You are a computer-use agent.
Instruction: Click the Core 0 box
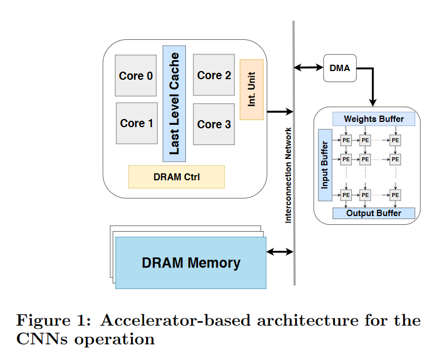pos(136,76)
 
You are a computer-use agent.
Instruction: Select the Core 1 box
pos(136,123)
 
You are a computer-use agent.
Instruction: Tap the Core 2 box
pos(214,75)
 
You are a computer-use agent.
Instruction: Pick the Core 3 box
pos(214,124)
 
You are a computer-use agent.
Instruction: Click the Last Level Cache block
pos(174,104)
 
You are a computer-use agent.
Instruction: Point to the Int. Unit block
pos(252,90)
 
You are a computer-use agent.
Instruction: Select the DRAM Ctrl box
pos(176,177)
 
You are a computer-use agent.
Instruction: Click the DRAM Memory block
pos(191,263)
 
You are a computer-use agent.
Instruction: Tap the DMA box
pos(340,68)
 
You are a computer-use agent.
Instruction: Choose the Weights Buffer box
pos(374,119)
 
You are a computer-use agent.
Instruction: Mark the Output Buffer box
pos(374,213)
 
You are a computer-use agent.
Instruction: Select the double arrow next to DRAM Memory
pos(280,252)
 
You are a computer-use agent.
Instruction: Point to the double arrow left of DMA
pos(309,68)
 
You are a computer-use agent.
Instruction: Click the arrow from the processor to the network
pos(279,112)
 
